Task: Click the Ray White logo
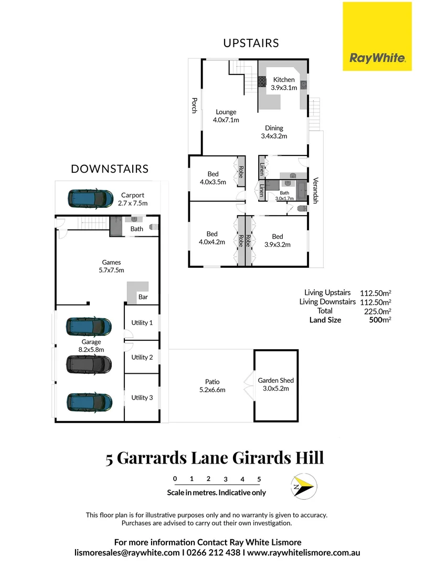coord(377,36)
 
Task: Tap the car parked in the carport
coord(90,199)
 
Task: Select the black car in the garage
coord(89,363)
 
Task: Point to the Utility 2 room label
coord(142,357)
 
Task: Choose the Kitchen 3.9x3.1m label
coord(284,84)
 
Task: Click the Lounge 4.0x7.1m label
coord(226,115)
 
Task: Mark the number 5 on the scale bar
coord(259,479)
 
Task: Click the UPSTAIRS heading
coord(251,43)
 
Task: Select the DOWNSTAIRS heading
coord(110,169)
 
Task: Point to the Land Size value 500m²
coord(380,320)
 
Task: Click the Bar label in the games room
coord(142,297)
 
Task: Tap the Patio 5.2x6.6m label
coord(212,385)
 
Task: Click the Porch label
coord(194,105)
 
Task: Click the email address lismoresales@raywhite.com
coord(127,553)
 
